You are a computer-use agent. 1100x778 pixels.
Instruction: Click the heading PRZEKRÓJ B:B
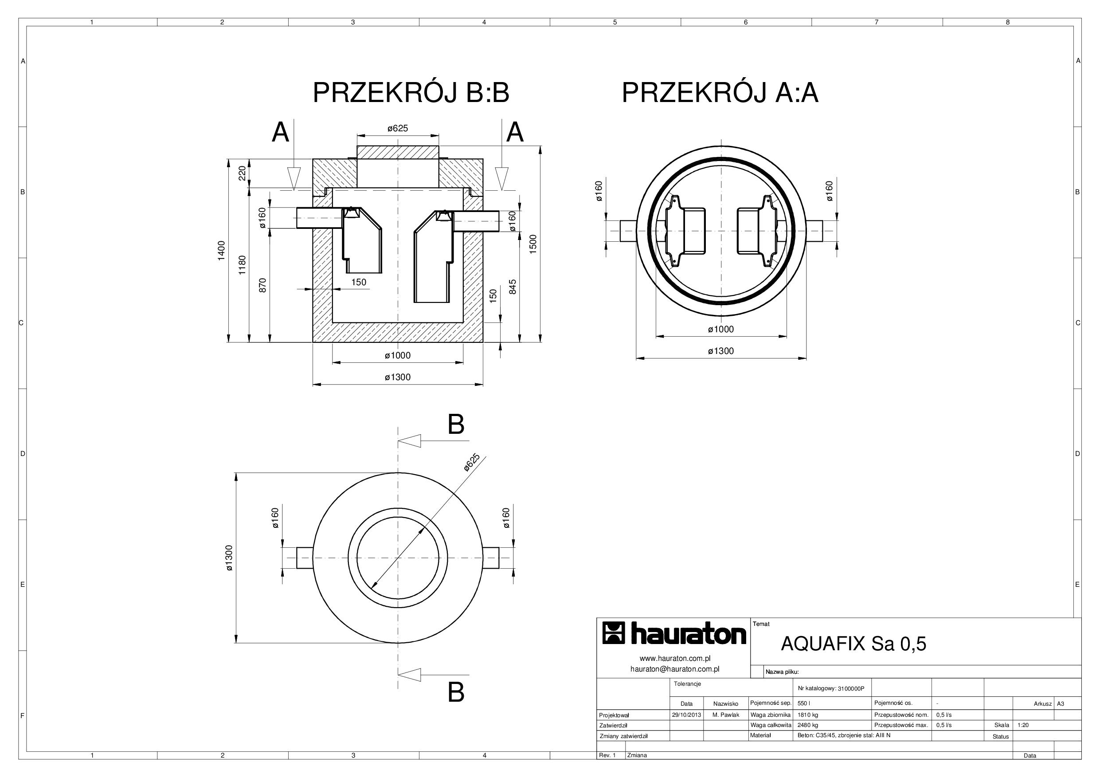pyautogui.click(x=411, y=93)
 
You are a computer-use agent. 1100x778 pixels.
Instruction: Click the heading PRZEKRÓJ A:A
pyautogui.click(x=720, y=93)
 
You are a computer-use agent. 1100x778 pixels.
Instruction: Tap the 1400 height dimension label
pyautogui.click(x=221, y=251)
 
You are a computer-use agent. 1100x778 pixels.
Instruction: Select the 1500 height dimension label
pyautogui.click(x=533, y=244)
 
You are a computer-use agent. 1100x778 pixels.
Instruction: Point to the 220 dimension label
pyautogui.click(x=242, y=173)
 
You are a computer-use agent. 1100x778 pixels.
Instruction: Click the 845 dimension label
pyautogui.click(x=513, y=287)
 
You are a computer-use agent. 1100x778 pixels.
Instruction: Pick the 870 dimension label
pyautogui.click(x=262, y=285)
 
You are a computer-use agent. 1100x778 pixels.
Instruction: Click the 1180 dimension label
pyautogui.click(x=242, y=265)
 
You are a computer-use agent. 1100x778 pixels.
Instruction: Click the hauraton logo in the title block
pyautogui.click(x=674, y=633)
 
